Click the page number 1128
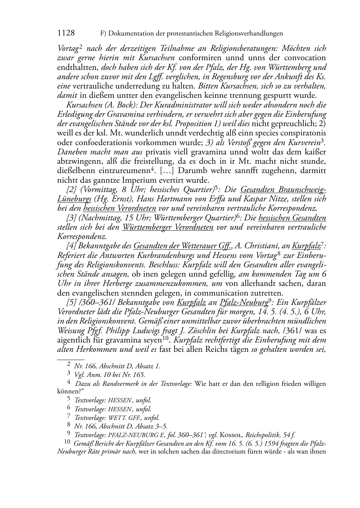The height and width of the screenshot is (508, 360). tap(66, 33)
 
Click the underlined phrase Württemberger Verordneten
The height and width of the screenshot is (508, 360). tap(167, 227)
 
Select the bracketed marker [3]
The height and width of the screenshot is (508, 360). tap(72, 218)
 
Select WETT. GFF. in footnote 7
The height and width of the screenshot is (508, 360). tap(127, 418)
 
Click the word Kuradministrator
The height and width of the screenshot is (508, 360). tap(186, 105)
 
